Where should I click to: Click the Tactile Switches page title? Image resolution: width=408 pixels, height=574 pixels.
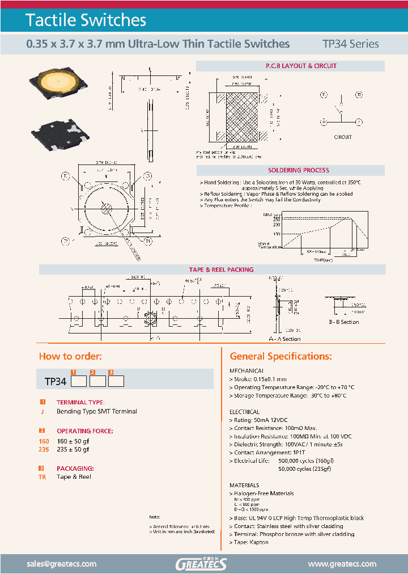[x=86, y=20]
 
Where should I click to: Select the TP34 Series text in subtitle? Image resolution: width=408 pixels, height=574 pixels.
[x=350, y=44]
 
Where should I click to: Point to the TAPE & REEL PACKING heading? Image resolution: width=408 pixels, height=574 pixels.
[x=221, y=269]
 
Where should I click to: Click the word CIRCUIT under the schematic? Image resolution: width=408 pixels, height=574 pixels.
[x=343, y=137]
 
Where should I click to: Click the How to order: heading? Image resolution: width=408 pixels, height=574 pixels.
[x=70, y=356]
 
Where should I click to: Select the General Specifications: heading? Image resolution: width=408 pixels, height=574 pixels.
[x=280, y=356]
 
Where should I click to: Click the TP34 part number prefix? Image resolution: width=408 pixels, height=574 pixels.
[x=56, y=382]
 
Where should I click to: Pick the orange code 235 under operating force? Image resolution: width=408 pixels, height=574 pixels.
[x=44, y=449]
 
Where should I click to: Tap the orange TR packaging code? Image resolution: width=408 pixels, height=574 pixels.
[x=42, y=477]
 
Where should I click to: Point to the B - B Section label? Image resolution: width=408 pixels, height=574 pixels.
[x=344, y=322]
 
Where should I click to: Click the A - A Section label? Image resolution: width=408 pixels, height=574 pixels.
[x=284, y=339]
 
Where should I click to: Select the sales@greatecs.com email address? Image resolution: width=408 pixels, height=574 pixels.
[x=62, y=564]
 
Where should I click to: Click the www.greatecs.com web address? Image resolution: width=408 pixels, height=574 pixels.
[x=342, y=564]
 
